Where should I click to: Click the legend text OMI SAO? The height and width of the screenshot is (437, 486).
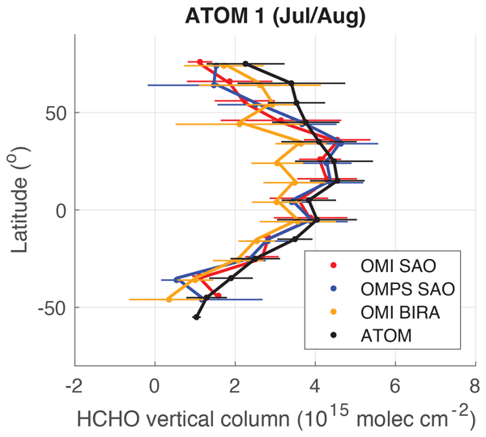coord(394,265)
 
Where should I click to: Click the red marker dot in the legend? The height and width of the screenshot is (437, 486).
coord(330,265)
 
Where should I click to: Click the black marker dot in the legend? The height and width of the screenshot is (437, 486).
coord(330,334)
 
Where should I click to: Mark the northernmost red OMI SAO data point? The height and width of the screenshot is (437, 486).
coord(200,62)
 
